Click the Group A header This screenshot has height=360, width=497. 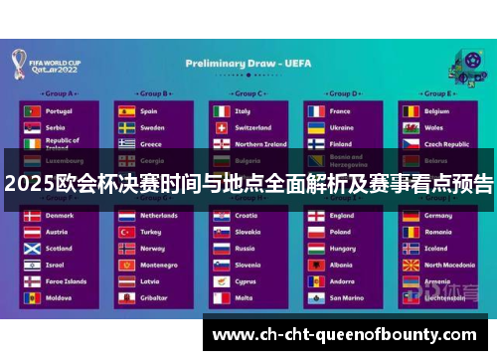pos(59,94)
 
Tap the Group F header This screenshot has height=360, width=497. pos(59,199)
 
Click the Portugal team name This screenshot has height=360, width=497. pos(59,111)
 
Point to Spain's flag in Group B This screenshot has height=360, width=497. pos(126,111)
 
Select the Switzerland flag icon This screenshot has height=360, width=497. pos(220,127)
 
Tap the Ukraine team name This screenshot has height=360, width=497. pos(341,127)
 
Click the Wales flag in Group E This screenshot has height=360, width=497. pos(410,127)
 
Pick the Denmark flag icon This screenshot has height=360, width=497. pos(32,216)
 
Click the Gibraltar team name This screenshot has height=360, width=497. pos(154,297)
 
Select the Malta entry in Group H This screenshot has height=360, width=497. pos(244,297)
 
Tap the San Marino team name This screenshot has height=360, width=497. pos(347,297)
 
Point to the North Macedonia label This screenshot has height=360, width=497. pos(450,265)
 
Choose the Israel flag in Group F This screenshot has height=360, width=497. pos(32,265)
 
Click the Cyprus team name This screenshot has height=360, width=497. pos(247,281)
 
